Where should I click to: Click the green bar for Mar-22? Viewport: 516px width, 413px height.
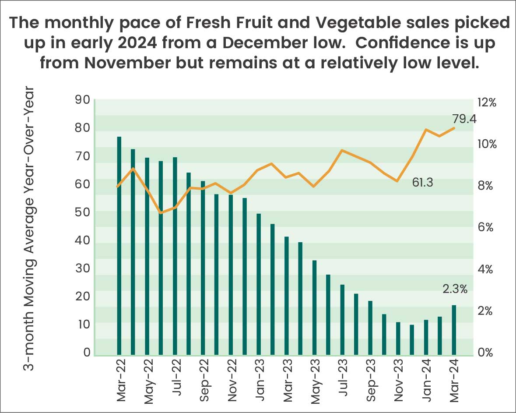[119, 245]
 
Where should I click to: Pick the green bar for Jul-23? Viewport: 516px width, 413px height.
[342, 319]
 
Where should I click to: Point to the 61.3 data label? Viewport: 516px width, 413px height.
[422, 183]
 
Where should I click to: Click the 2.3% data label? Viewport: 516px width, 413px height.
[455, 289]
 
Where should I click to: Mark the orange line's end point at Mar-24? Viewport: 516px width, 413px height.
[454, 128]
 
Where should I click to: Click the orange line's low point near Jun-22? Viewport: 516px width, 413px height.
[161, 213]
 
